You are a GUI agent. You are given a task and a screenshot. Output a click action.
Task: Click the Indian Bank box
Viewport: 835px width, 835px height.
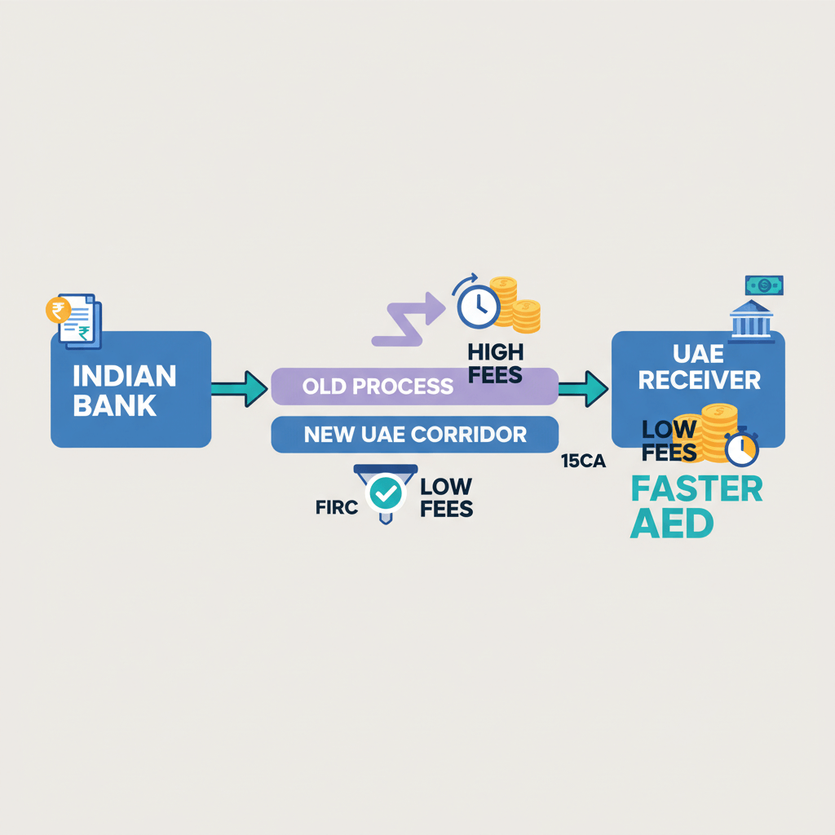tap(130, 389)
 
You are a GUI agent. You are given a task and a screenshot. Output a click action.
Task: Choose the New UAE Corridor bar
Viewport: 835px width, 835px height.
tap(414, 434)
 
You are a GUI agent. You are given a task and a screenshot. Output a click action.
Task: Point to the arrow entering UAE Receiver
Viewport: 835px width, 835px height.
tap(584, 388)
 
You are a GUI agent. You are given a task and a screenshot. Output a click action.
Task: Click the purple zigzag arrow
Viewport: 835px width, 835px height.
tap(409, 321)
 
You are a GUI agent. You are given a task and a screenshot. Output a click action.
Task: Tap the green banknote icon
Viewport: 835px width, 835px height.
tap(764, 285)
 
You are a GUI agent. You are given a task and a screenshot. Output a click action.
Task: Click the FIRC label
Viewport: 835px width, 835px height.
tap(336, 507)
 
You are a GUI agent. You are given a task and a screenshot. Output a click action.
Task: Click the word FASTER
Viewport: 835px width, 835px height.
tap(696, 489)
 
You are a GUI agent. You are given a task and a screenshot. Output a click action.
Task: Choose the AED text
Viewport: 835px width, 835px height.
tap(671, 524)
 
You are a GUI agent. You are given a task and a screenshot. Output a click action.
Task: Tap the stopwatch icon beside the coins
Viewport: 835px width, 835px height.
tap(741, 449)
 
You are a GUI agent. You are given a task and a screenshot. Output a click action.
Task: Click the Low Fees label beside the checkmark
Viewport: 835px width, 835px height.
tap(446, 497)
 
